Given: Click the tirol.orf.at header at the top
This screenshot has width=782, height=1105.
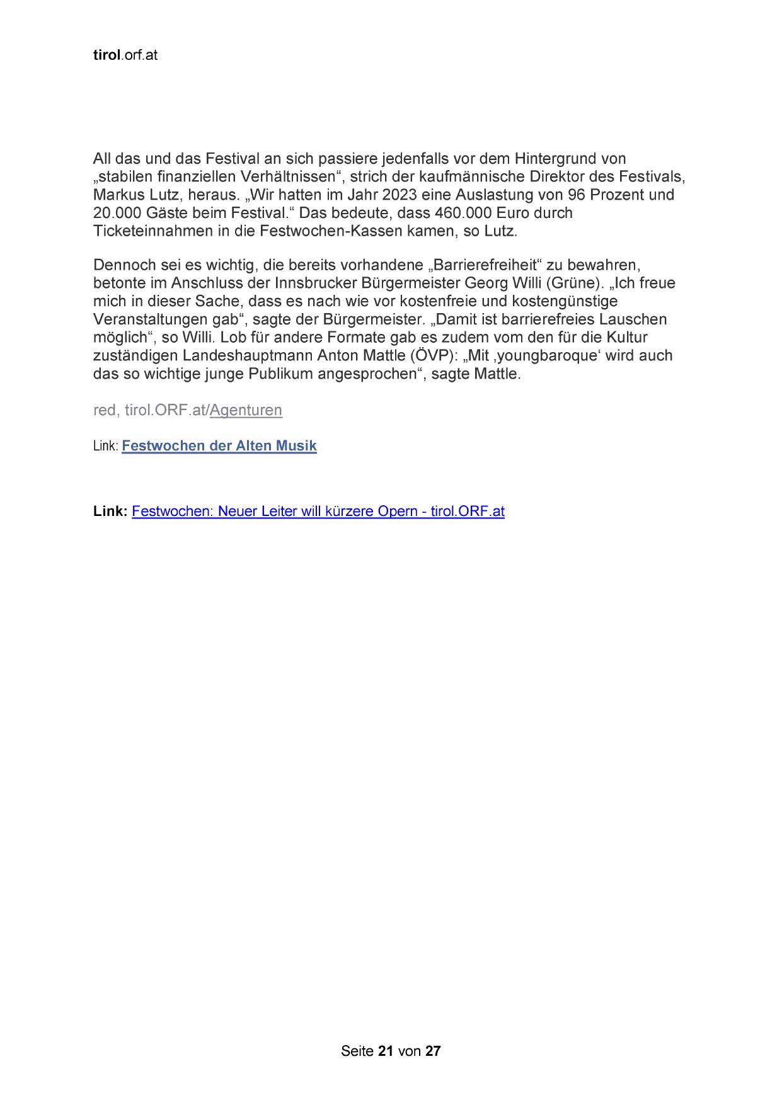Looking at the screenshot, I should [x=125, y=55].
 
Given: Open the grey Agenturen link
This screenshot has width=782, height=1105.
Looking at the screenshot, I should [x=246, y=410].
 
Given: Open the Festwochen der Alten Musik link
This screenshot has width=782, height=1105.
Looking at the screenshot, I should [x=219, y=446].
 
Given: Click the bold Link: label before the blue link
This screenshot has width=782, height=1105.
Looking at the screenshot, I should [x=110, y=512].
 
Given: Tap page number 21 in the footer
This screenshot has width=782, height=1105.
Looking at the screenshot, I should [x=386, y=1051].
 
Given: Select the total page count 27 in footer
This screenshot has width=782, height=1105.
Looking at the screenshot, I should [x=433, y=1051].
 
